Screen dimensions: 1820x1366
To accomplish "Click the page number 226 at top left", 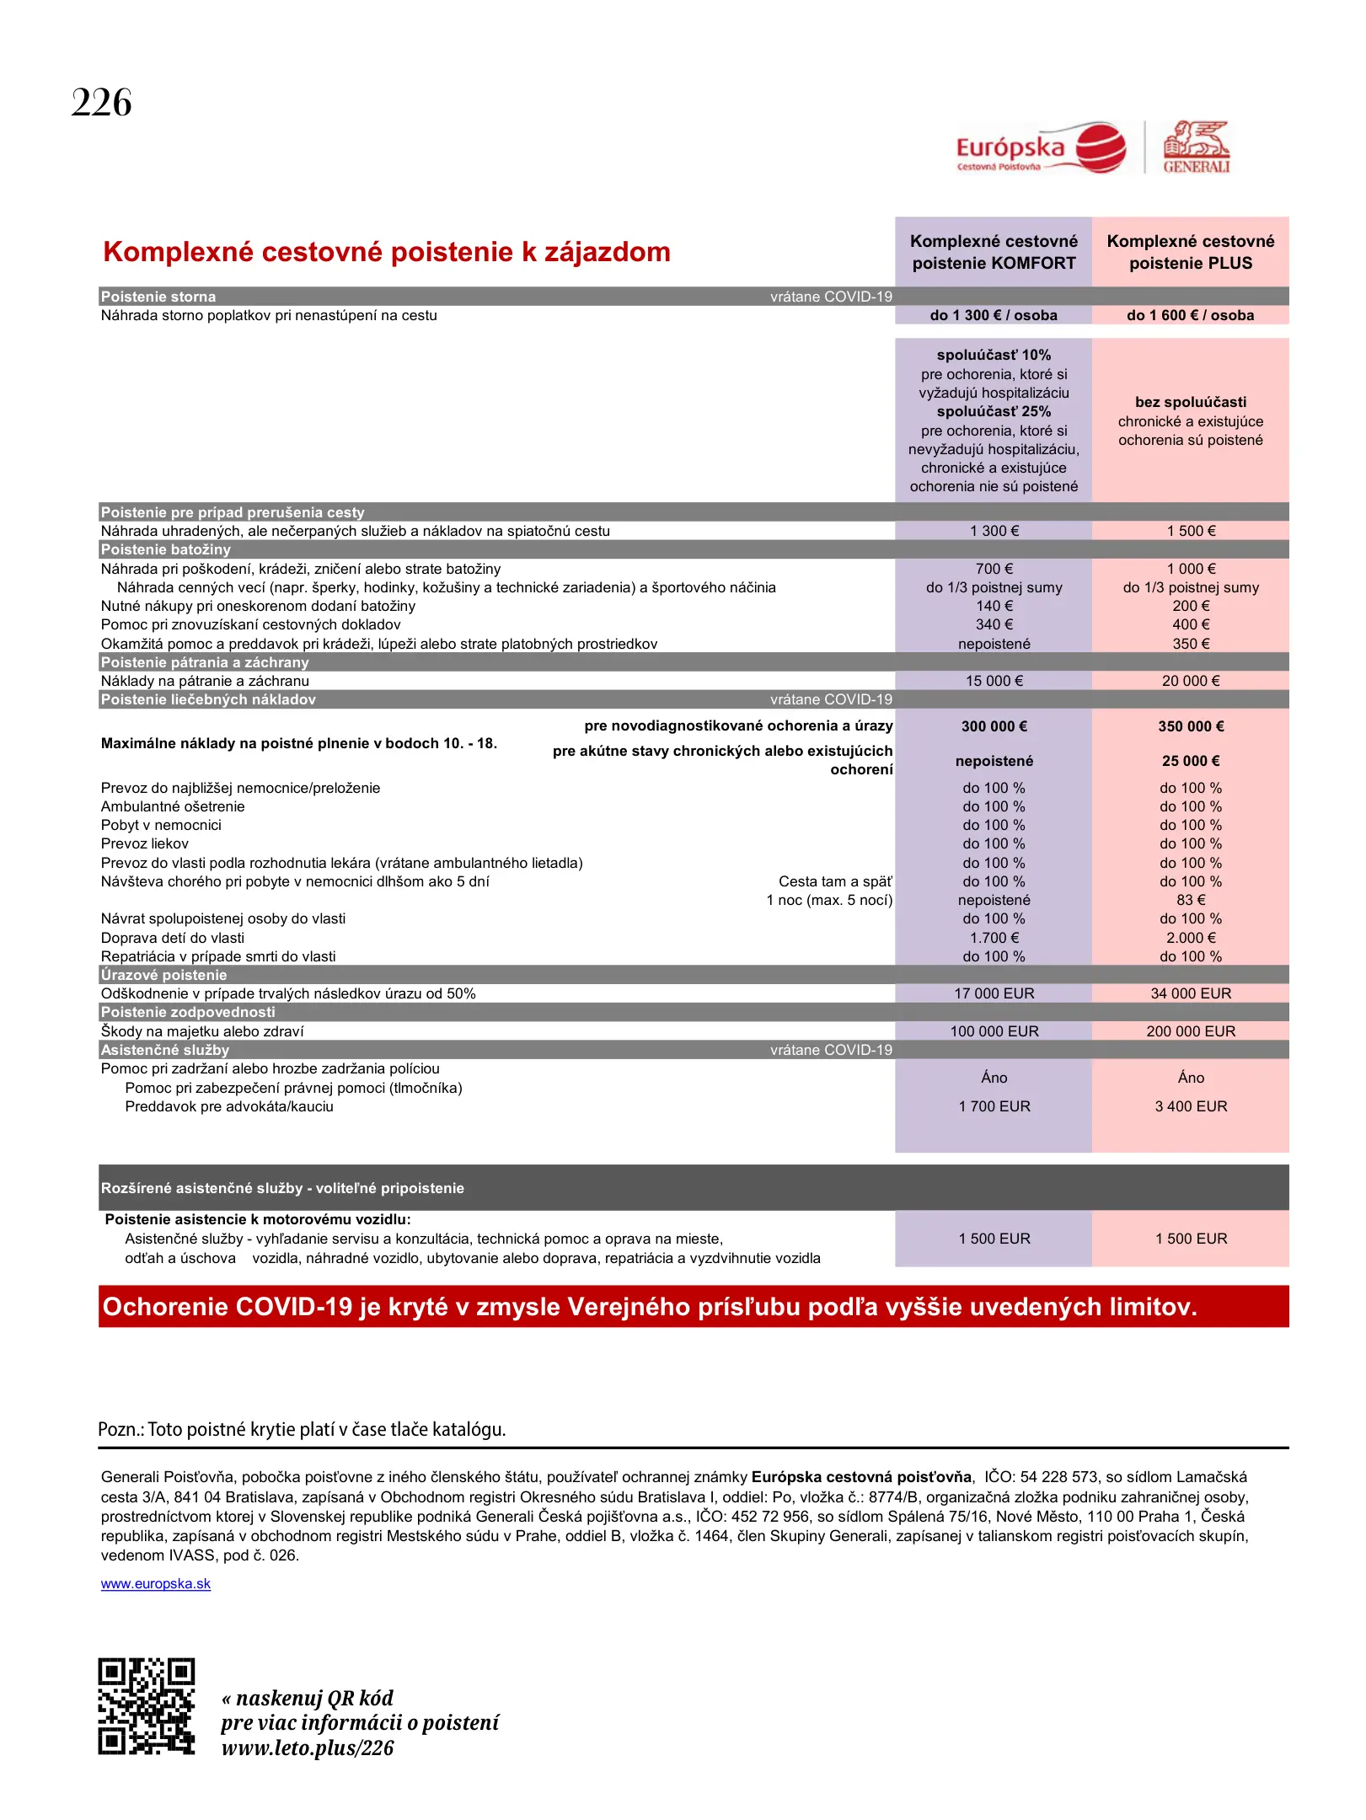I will pyautogui.click(x=102, y=104).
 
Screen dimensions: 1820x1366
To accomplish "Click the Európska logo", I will pyautogui.click(x=1041, y=148).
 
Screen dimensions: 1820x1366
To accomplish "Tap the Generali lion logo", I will pyautogui.click(x=1196, y=147).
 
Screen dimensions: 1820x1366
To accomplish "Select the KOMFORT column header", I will pyautogui.click(x=994, y=252).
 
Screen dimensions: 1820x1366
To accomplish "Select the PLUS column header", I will pyautogui.click(x=1190, y=252).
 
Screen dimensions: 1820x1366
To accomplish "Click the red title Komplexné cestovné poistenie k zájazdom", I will pyautogui.click(x=387, y=252).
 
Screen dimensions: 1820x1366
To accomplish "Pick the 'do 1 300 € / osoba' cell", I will pyautogui.click(x=994, y=315).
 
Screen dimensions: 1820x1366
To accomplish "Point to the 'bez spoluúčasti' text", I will pyautogui.click(x=1190, y=402).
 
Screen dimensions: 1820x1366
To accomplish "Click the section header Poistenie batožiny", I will pyautogui.click(x=166, y=549).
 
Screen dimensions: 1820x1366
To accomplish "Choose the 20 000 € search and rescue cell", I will pyautogui.click(x=1190, y=681).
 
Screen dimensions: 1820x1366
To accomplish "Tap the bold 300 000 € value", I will pyautogui.click(x=994, y=726).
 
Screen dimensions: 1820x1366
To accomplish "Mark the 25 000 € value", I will pyautogui.click(x=1190, y=761).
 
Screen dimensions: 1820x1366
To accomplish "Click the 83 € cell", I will pyautogui.click(x=1190, y=900).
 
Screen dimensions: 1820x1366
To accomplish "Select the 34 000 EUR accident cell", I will pyautogui.click(x=1190, y=993).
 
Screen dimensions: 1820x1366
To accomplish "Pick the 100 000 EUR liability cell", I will pyautogui.click(x=994, y=1031).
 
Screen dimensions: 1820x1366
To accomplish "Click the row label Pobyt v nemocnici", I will pyautogui.click(x=161, y=825).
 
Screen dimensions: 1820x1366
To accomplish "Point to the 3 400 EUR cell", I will pyautogui.click(x=1190, y=1106).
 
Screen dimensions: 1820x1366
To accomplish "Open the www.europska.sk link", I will pyautogui.click(x=156, y=1583).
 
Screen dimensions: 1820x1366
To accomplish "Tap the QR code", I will pyautogui.click(x=146, y=1706).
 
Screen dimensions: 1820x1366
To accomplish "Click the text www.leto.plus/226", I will pyautogui.click(x=308, y=1748).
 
